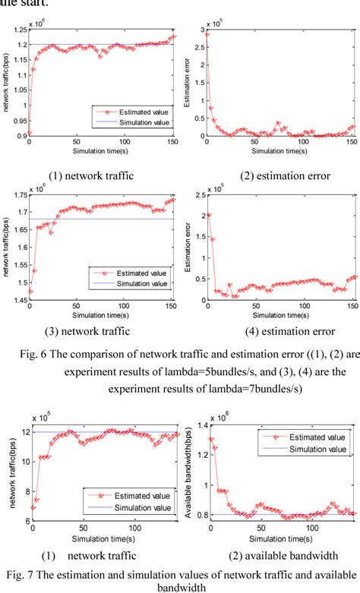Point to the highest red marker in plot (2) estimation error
point(207,35)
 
